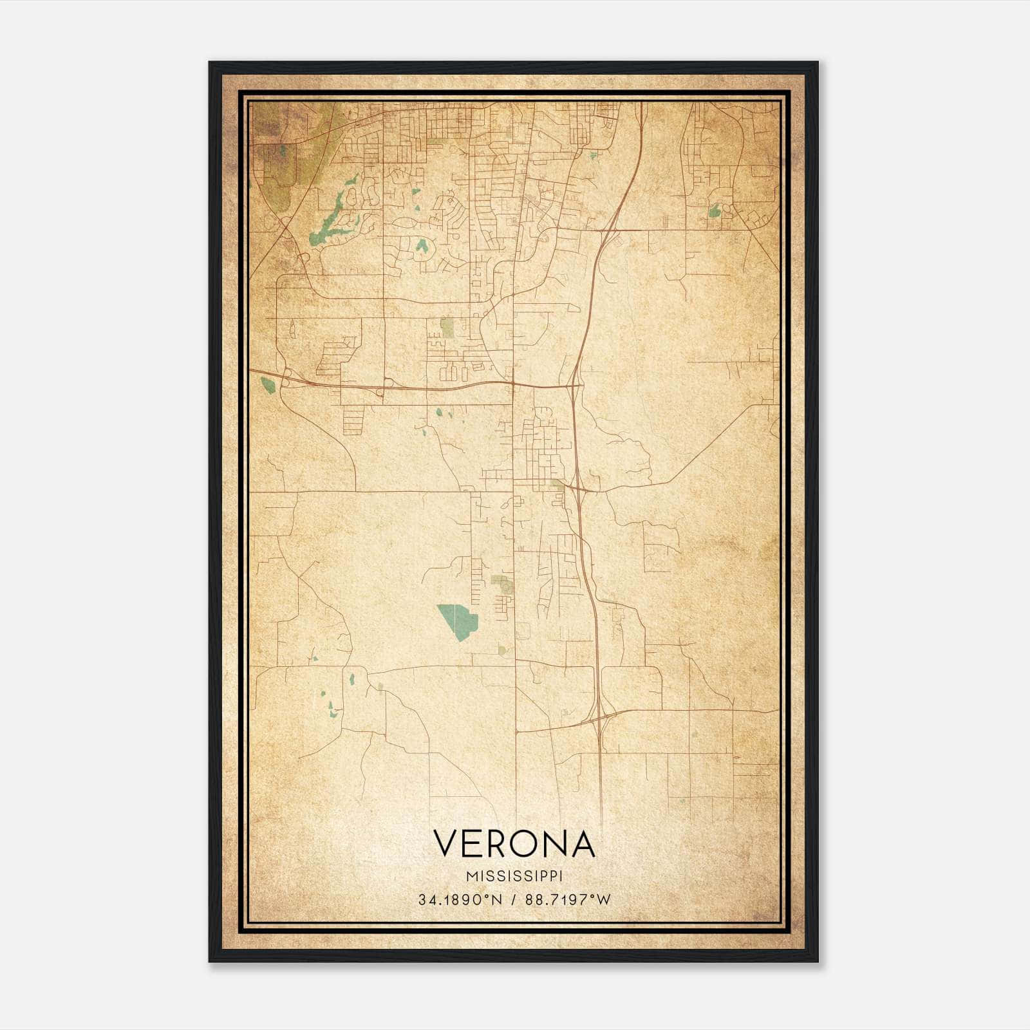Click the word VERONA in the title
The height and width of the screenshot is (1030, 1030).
coord(514,843)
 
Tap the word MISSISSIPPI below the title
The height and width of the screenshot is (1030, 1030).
coord(514,876)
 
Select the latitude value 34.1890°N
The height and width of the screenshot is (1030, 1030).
coord(459,900)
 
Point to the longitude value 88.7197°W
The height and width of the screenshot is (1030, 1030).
coord(567,900)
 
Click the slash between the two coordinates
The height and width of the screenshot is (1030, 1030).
coord(514,900)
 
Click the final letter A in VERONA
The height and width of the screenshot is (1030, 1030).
coord(582,843)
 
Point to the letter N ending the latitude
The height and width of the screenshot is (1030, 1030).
coord(497,900)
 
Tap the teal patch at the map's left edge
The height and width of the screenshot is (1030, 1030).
coord(267,385)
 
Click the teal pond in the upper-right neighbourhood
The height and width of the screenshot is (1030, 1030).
coord(714,211)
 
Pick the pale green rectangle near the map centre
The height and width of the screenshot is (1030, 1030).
coord(447,328)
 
